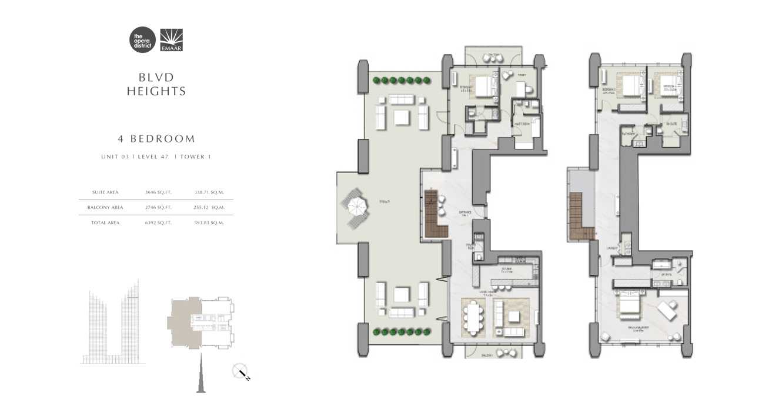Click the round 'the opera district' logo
coord(142,40)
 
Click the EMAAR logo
coord(171,40)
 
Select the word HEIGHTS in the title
coord(157,91)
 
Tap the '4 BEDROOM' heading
coord(156,139)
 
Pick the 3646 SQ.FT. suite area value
coord(158,192)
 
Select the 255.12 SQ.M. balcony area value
coord(209,207)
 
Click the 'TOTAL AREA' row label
coord(105,222)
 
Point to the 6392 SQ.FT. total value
coord(158,222)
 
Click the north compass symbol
coord(241,372)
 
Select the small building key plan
coord(201,321)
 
